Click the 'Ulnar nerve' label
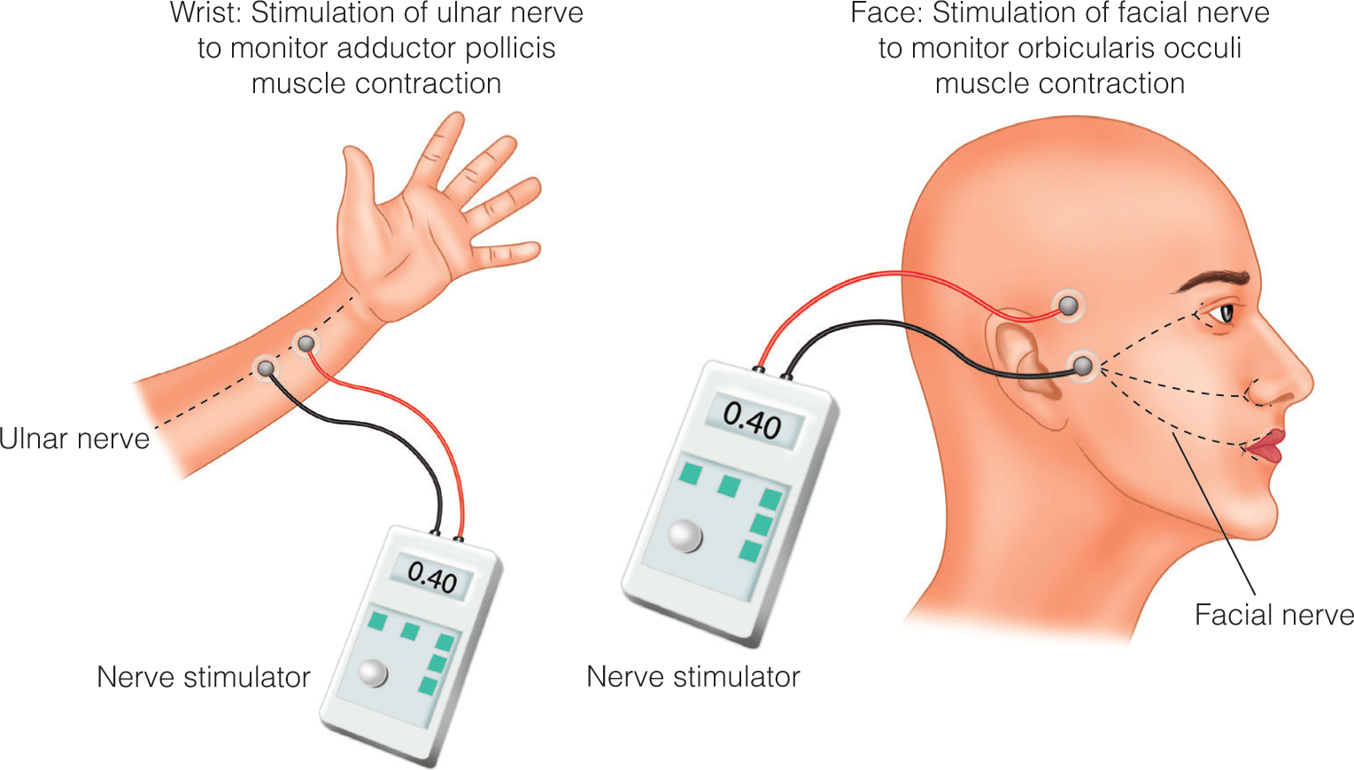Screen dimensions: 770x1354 point(75,439)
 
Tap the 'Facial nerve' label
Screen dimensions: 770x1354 point(1273,615)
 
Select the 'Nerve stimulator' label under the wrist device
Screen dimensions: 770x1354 point(203,677)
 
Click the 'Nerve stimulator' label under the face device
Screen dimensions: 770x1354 point(692,677)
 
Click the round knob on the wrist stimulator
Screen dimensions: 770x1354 point(374,673)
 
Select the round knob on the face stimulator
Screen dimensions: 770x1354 point(685,535)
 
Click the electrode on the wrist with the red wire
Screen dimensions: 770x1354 point(306,342)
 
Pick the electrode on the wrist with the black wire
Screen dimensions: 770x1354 point(266,367)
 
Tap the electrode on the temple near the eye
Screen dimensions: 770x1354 point(1070,306)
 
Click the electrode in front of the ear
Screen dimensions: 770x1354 point(1083,365)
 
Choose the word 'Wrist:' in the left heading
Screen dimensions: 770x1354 point(205,13)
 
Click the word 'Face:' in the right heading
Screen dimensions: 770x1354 point(886,13)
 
